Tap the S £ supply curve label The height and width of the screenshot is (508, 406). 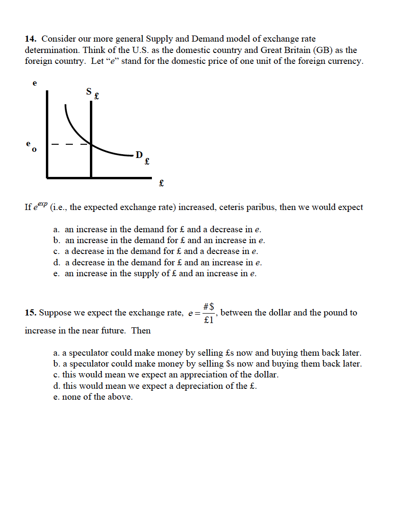click(x=92, y=94)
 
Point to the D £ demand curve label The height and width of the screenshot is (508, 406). click(x=142, y=157)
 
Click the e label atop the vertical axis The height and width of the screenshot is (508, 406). click(x=34, y=82)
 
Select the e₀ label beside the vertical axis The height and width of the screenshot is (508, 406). click(x=31, y=146)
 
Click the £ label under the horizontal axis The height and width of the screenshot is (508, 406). click(x=161, y=183)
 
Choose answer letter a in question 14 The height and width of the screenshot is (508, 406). click(x=56, y=229)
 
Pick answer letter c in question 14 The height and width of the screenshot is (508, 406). click(x=56, y=251)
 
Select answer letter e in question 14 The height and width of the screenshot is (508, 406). click(x=56, y=273)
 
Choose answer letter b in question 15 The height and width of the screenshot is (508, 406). click(x=56, y=364)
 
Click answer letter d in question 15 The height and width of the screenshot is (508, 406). click(x=56, y=386)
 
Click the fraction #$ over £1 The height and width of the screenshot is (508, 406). click(x=209, y=313)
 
